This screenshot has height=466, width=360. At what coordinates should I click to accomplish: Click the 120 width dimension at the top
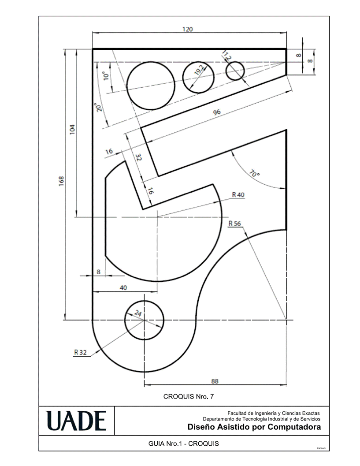187,29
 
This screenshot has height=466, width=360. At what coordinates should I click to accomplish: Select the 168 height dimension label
62,181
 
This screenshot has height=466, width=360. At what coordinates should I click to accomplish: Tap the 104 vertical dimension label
72,129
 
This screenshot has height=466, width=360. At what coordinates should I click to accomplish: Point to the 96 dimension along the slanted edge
217,112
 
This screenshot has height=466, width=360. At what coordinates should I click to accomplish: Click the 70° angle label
254,173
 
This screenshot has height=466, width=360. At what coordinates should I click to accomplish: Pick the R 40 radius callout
238,195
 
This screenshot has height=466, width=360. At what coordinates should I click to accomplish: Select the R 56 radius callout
235,224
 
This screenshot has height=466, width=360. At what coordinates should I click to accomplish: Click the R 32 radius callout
80,352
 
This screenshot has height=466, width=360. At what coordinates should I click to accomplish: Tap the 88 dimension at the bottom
215,381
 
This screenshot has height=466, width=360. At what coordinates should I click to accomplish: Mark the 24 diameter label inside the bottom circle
138,313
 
